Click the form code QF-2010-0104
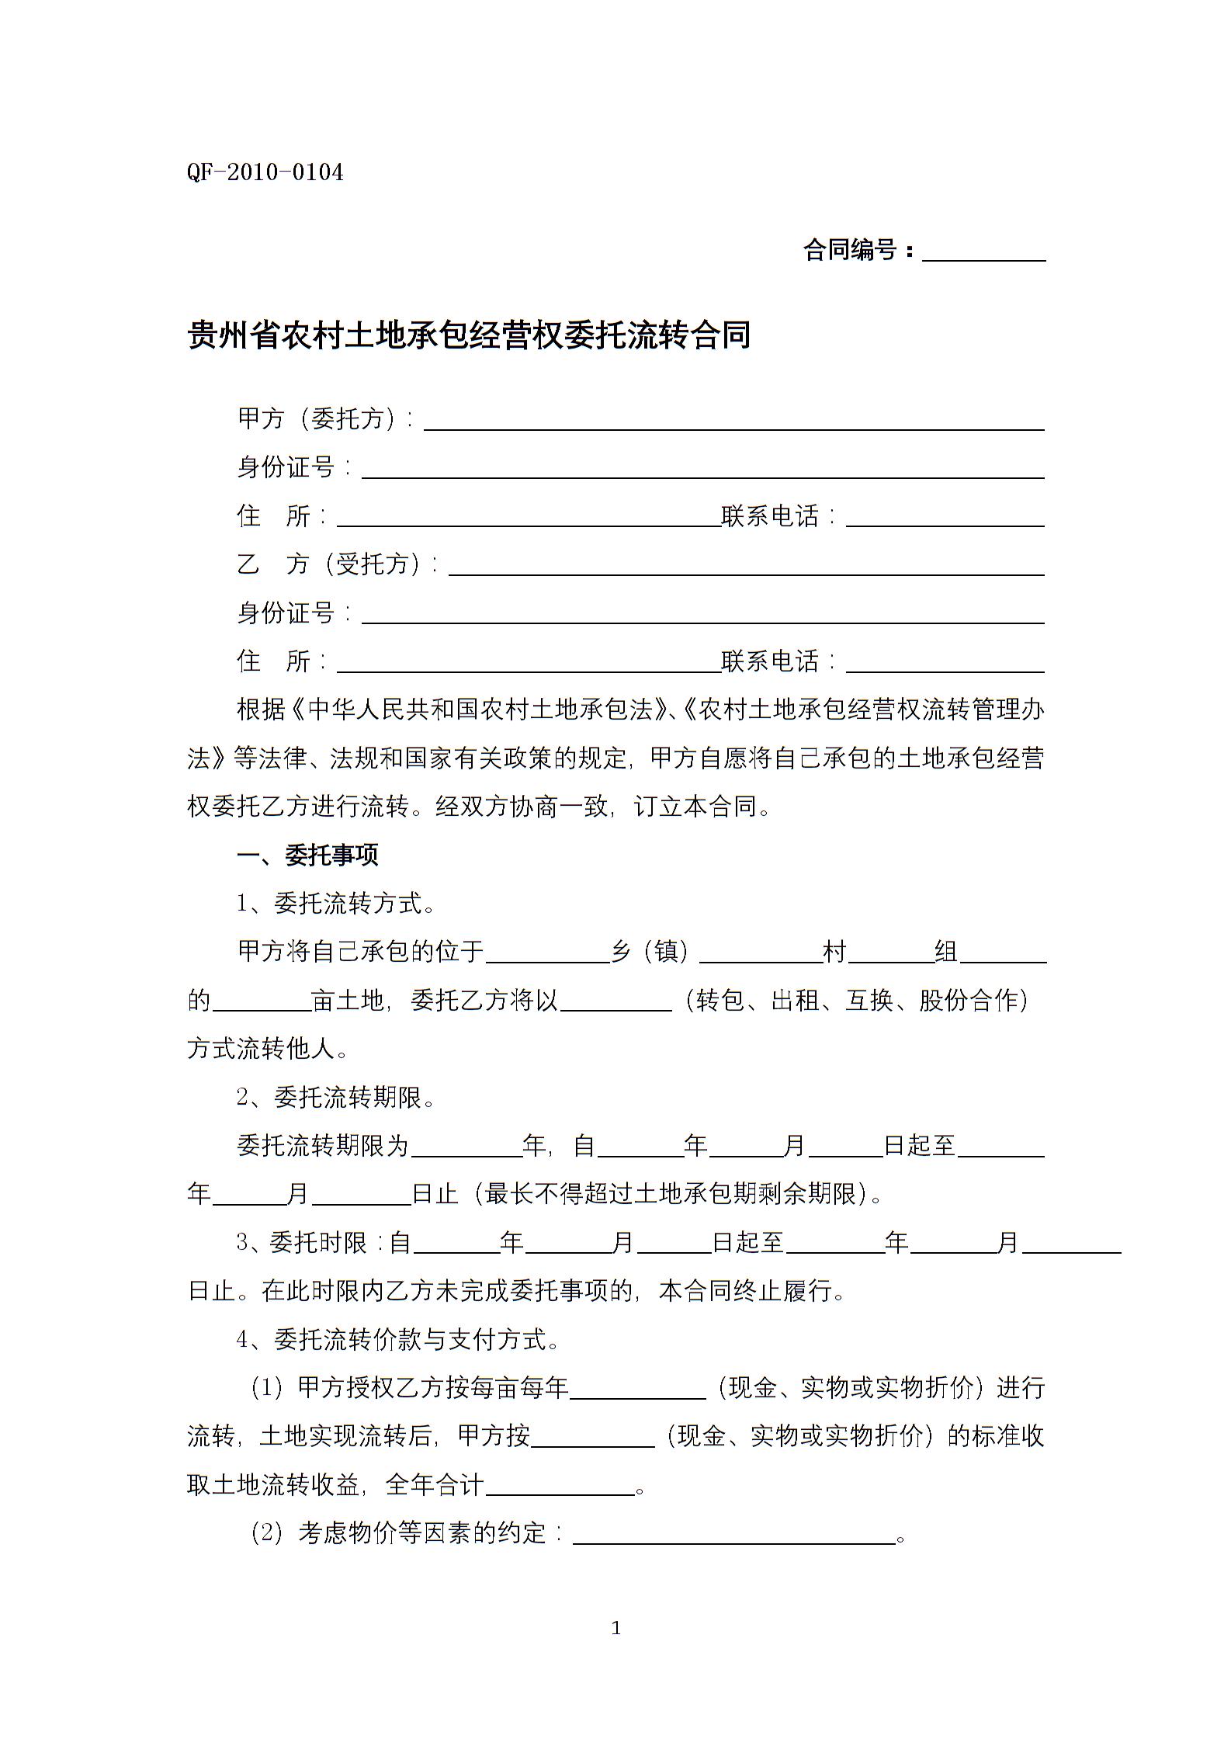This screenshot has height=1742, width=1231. coord(265,172)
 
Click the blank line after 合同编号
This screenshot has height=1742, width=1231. coord(983,253)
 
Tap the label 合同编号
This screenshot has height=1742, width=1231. coord(851,251)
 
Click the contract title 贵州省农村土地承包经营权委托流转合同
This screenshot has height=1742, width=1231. coord(469,335)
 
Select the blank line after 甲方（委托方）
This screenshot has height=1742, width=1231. coord(733,422)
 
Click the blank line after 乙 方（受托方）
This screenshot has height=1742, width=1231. coord(746,567)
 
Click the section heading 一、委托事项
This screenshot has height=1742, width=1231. coord(307,855)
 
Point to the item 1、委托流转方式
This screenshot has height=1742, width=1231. coord(335,904)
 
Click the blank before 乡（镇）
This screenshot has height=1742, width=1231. coord(548,955)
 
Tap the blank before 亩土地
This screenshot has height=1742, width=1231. coord(262,1003)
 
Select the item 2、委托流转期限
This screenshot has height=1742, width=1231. coord(335,1098)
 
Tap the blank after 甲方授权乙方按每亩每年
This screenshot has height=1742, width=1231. coord(637,1390)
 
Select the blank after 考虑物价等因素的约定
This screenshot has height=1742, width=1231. coord(733,1536)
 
